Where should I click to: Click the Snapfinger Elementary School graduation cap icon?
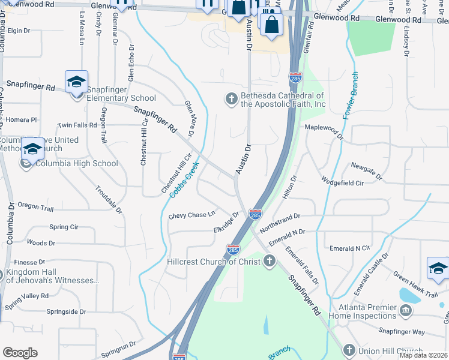(x=76, y=82)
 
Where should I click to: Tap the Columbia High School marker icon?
(x=32, y=148)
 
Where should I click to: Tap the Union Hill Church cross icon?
(x=349, y=350)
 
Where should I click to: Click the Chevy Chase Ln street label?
(x=192, y=215)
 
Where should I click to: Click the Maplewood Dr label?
(x=324, y=130)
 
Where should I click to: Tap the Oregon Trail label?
(x=35, y=206)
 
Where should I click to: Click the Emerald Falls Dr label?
(x=301, y=265)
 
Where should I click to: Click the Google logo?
(x=20, y=353)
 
